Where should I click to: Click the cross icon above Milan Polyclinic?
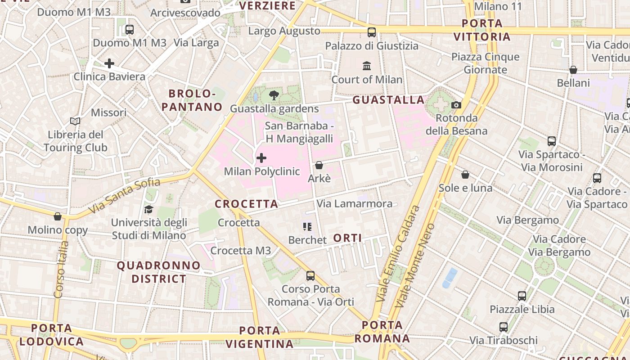pos(261,158)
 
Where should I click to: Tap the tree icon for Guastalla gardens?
pos(274,95)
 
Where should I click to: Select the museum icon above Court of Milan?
pos(367,66)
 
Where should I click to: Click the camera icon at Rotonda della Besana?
pos(456,105)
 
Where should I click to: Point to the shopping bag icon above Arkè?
pos(319,165)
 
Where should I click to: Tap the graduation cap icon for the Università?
pos(148,209)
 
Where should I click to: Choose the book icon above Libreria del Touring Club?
pos(75,121)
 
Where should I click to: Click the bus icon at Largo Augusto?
pos(372,32)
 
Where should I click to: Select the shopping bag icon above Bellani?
pos(573,70)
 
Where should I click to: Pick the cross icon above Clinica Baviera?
pos(109,63)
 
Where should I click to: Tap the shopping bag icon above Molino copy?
pos(58,216)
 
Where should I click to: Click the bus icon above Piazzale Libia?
pos(522,296)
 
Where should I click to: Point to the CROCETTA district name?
pos(247,204)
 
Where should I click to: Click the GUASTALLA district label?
pos(388,100)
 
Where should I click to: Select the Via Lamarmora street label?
pos(355,204)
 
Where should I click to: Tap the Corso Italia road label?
pos(61,269)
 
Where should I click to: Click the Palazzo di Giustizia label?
pos(372,46)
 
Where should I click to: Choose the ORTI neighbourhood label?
pos(348,238)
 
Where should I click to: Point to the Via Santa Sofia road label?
pos(124,196)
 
